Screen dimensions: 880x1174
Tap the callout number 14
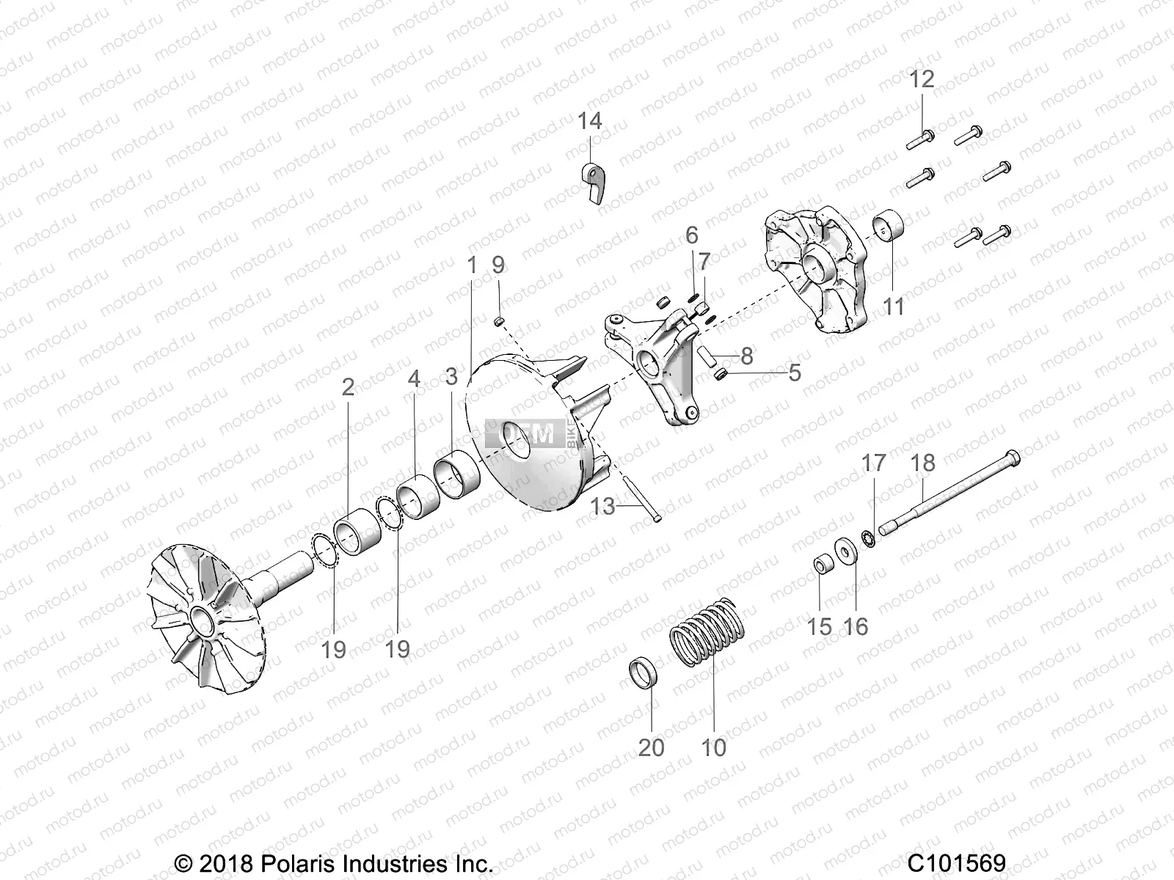(x=589, y=121)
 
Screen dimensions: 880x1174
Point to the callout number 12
(x=922, y=79)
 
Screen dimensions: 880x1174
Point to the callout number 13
(x=602, y=505)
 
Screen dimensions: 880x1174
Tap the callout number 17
(x=874, y=463)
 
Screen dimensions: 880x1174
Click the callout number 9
(x=498, y=265)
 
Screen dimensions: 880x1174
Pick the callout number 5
(x=795, y=373)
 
